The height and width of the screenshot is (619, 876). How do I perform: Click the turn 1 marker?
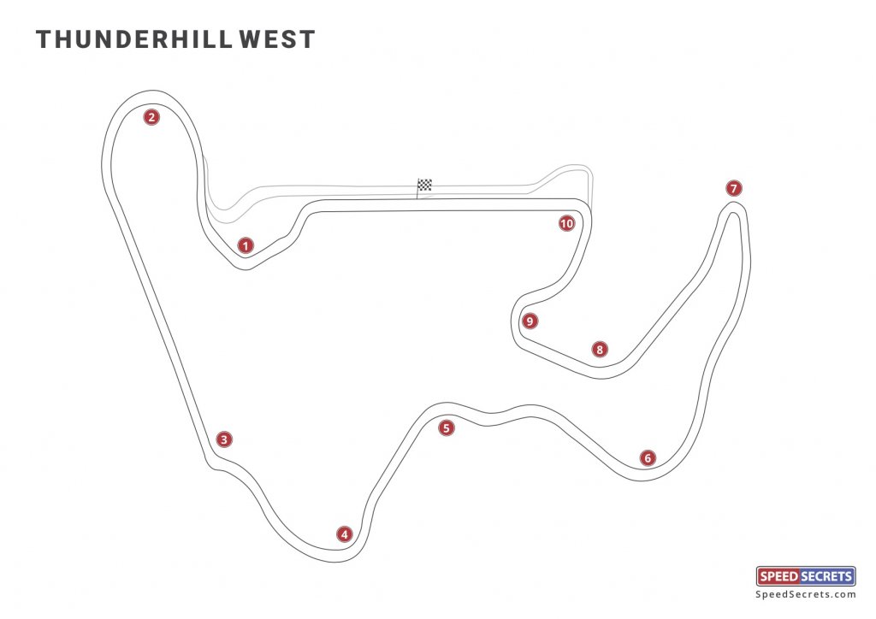point(246,246)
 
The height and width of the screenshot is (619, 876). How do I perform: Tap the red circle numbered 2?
point(151,118)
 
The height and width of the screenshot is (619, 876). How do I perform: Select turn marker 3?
point(223,439)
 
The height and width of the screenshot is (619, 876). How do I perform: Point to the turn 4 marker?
point(344,534)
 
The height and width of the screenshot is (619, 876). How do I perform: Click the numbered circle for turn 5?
point(445,428)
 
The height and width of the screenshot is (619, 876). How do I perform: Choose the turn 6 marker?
point(648,458)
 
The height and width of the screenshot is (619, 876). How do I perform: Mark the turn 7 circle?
point(732,188)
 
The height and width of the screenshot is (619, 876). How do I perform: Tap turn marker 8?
point(600,349)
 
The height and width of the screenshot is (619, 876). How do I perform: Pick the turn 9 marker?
point(530,321)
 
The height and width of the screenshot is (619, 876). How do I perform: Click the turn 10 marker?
point(565,224)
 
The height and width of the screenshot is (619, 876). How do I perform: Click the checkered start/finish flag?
point(424,185)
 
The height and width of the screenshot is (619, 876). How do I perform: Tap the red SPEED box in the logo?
point(780,576)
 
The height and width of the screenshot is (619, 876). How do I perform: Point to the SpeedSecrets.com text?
point(806,594)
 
